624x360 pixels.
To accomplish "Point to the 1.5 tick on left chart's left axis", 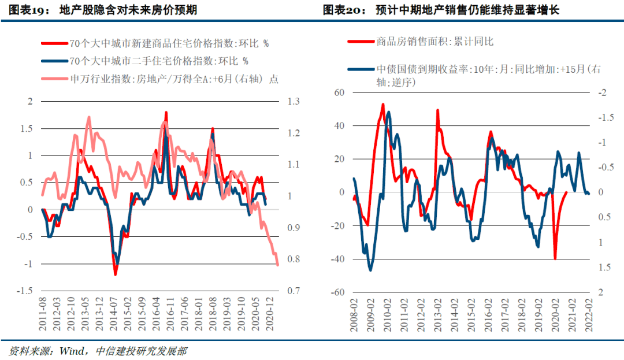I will [27, 129].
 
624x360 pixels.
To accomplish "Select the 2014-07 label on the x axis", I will [114, 316].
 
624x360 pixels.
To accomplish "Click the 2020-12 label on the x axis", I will [269, 316].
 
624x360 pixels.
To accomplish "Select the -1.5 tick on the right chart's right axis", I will [604, 118].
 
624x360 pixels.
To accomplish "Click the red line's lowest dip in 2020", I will [555, 259].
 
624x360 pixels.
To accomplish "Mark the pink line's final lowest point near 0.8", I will [278, 265].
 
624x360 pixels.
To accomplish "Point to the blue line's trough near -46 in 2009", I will [370, 270].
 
